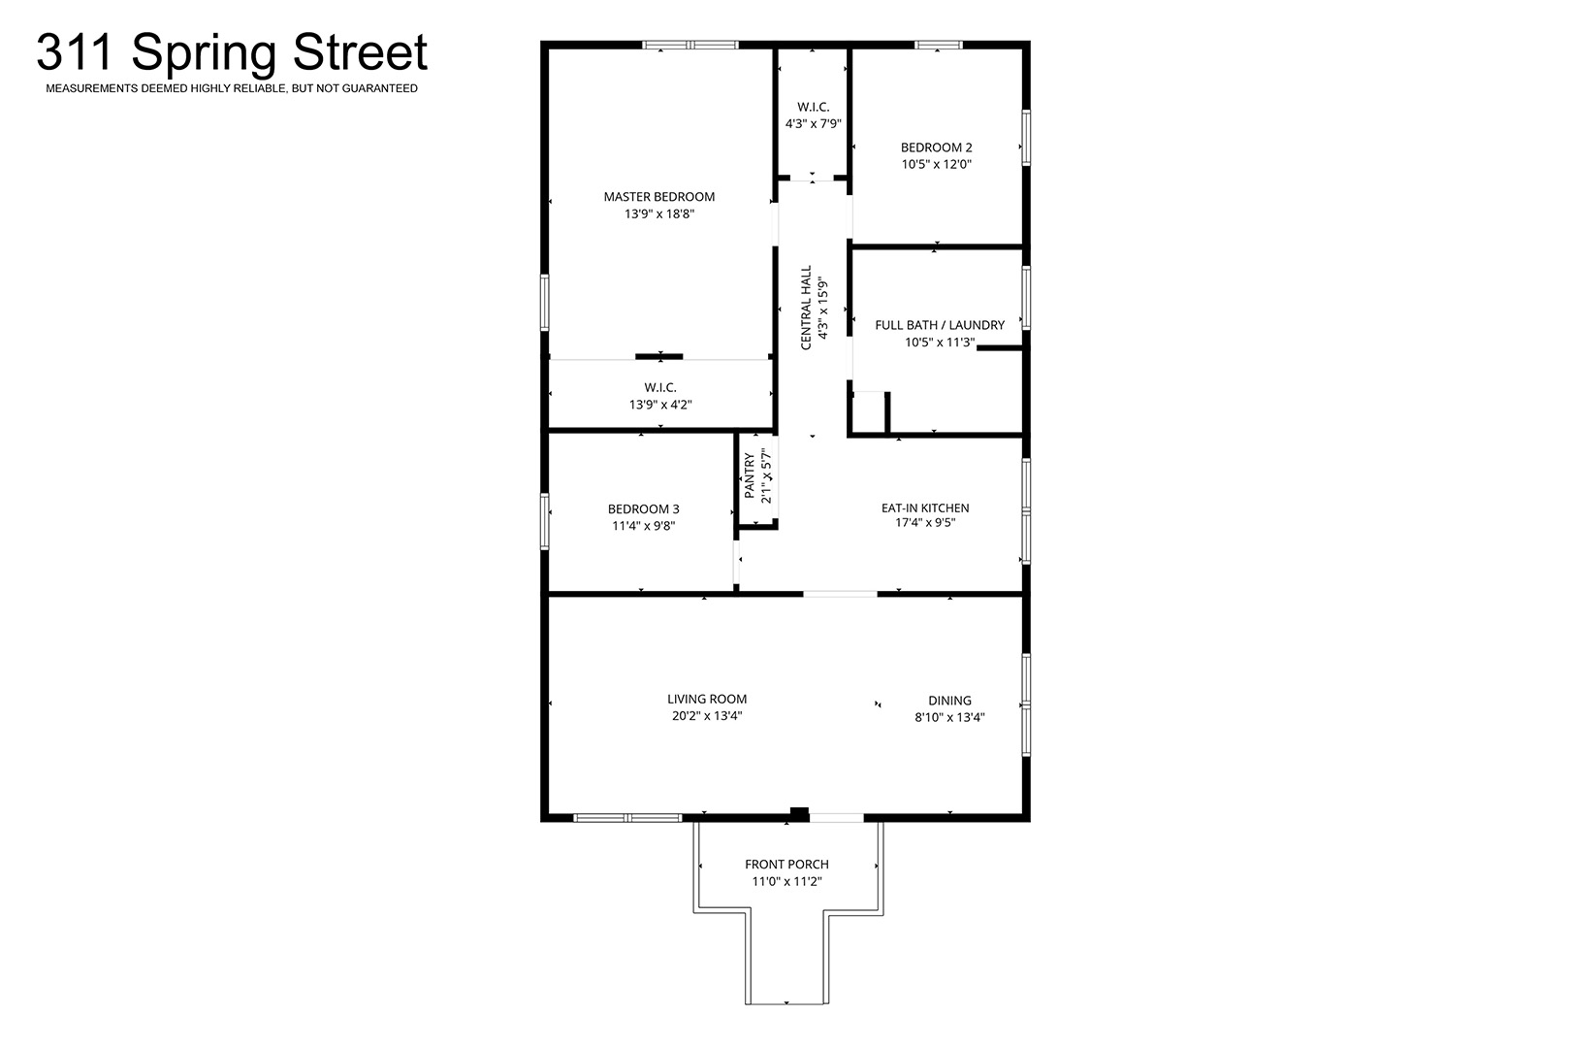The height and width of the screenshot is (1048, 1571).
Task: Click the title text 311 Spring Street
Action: pos(232,53)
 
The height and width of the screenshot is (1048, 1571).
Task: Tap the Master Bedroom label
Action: pos(659,197)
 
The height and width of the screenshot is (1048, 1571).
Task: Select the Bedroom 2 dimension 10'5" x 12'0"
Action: pos(936,164)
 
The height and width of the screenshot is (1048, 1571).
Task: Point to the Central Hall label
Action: pos(806,308)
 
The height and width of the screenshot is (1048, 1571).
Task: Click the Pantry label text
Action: pos(750,475)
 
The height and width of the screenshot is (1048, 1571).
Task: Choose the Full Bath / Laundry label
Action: pos(940,325)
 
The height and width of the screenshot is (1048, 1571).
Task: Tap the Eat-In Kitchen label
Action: pos(925,508)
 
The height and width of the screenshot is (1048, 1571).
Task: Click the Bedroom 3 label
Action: pos(643,508)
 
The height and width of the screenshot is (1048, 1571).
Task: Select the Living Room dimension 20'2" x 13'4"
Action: pos(707,716)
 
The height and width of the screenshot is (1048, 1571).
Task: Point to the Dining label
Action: pos(949,701)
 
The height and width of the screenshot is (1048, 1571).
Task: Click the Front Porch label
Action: pos(786,864)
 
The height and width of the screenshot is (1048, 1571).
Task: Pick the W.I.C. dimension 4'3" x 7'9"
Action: pos(814,123)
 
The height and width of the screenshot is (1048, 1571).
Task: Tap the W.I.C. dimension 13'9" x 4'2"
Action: pos(660,405)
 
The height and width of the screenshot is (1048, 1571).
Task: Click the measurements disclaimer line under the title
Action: pos(232,88)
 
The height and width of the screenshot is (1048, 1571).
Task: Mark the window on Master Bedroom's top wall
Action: pos(690,45)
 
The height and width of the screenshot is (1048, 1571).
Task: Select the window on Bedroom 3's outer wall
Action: pos(544,521)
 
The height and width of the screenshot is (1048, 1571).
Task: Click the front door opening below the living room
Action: pos(836,818)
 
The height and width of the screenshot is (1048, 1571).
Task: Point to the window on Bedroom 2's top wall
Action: pos(939,45)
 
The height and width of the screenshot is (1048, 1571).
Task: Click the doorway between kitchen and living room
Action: pos(840,594)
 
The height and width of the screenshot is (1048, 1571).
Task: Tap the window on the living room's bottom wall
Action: pos(627,818)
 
